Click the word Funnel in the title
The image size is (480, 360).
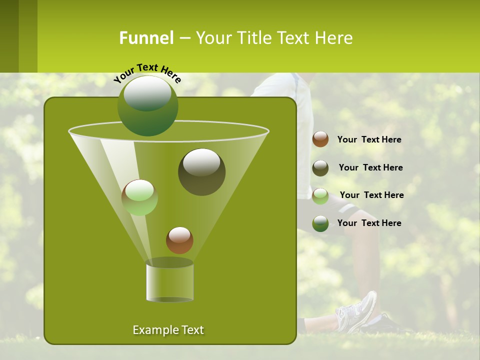[146, 38]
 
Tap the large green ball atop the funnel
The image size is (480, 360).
[148, 105]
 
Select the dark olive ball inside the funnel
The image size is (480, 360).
[201, 172]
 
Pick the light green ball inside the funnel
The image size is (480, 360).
[139, 197]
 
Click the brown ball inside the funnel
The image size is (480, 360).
[179, 240]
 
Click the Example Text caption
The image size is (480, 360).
[168, 330]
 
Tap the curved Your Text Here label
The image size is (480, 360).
[147, 73]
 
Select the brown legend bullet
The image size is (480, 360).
[320, 139]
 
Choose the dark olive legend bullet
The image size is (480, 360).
[320, 168]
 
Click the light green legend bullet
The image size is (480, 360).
[320, 196]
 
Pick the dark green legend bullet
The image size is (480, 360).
[320, 223]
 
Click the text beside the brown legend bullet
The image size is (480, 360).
[369, 140]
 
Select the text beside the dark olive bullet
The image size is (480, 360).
[370, 168]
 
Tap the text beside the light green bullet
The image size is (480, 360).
[371, 195]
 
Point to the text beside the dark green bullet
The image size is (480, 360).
[369, 223]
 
